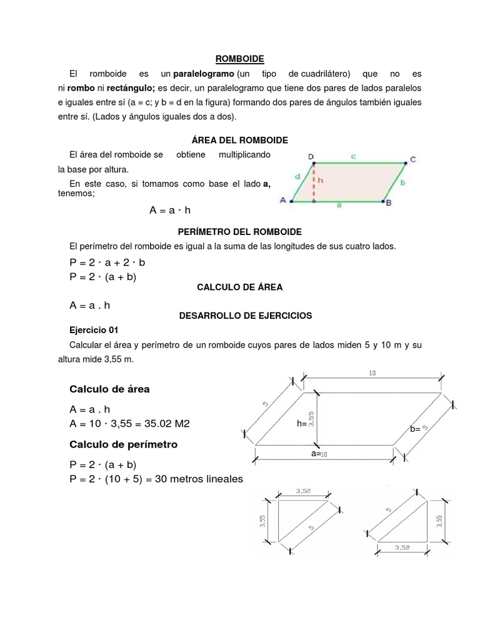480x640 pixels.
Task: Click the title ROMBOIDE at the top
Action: pos(240,59)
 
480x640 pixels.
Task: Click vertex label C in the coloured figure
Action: pos(412,158)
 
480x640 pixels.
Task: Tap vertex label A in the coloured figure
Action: pos(283,200)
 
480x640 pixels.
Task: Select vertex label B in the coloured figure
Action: pos(388,202)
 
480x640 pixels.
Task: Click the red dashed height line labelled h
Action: pos(314,182)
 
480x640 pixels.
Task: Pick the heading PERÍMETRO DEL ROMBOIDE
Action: pos(240,232)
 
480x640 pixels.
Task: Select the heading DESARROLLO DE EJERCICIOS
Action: pos(246,316)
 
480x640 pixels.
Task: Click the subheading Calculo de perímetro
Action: pos(123,444)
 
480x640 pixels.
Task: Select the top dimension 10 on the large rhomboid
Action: pos(372,373)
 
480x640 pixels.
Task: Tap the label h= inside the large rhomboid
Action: pos(302,424)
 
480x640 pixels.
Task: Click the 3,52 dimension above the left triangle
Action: pos(302,491)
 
